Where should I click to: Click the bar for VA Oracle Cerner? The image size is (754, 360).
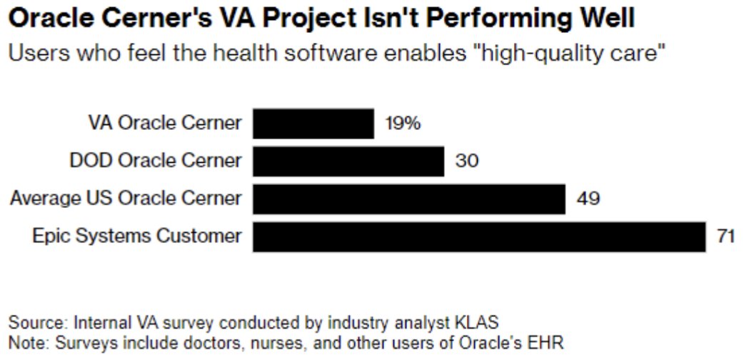pos(313,124)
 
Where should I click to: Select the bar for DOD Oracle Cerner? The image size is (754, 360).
pos(348,161)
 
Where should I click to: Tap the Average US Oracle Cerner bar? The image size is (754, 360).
pos(409,199)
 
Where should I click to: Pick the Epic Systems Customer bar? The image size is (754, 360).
pos(479,236)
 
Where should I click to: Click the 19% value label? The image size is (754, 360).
pos(403,124)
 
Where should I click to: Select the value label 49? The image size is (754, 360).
pos(588,199)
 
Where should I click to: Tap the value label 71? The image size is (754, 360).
pos(727,236)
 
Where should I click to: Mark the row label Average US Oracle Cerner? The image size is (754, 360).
pos(126,199)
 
